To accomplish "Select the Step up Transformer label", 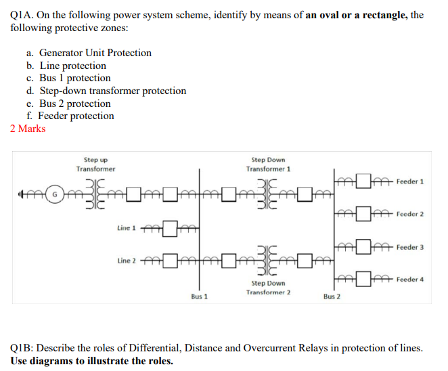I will click(95, 164).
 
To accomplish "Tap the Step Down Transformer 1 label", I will click(268, 164).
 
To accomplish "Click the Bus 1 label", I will click(200, 297).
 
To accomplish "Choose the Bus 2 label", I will click(332, 297).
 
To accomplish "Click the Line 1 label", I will click(127, 228).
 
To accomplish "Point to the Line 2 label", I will click(127, 261).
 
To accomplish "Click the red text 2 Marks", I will click(28, 129).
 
